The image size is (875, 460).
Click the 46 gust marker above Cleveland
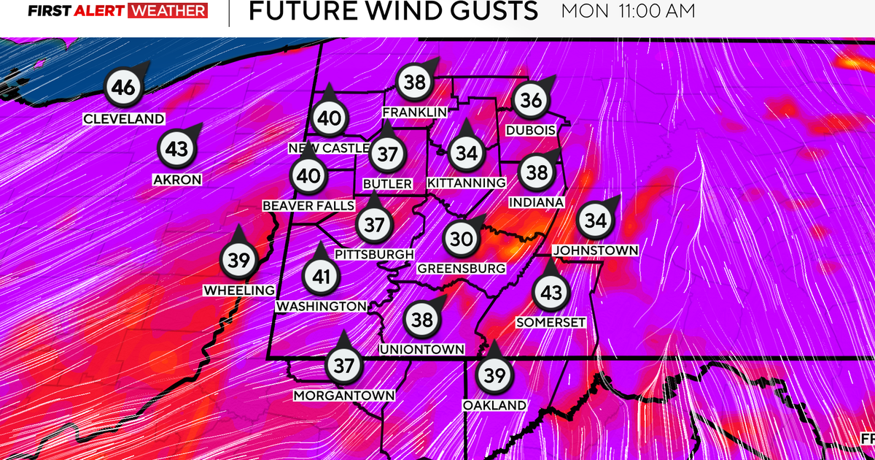click(x=123, y=88)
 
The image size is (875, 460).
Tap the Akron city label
click(x=177, y=179)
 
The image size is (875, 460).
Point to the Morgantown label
click(x=343, y=395)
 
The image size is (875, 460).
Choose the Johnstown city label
click(x=596, y=250)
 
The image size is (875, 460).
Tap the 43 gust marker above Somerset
click(x=551, y=293)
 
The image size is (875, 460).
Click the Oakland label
click(x=494, y=405)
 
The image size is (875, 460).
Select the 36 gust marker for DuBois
click(x=532, y=100)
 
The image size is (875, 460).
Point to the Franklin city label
click(x=415, y=112)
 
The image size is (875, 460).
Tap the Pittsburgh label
click(x=374, y=254)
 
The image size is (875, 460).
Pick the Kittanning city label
click(x=467, y=182)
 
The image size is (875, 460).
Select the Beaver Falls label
click(x=308, y=206)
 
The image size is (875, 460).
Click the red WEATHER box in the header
click(x=168, y=11)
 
